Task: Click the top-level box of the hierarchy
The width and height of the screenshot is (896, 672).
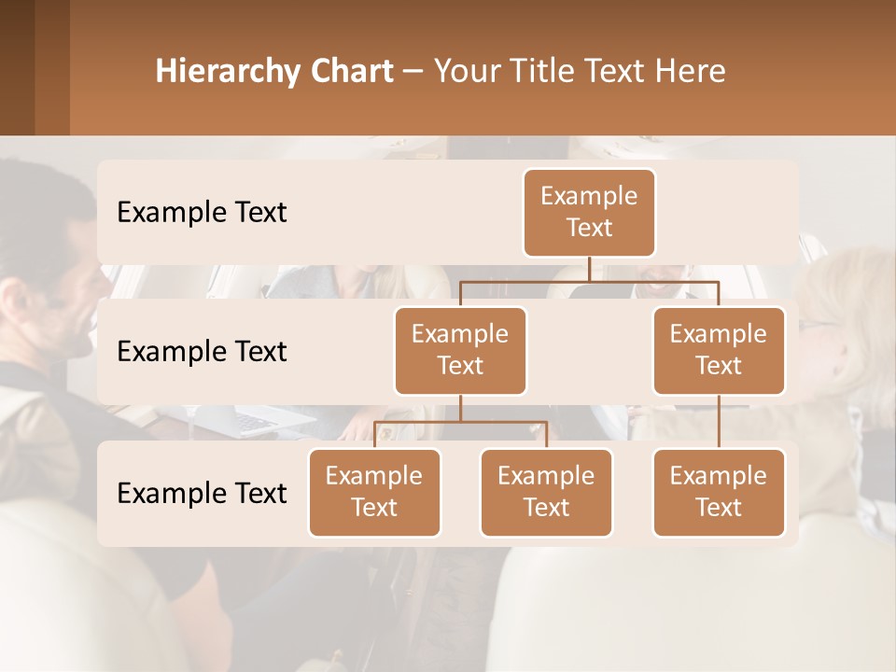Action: (x=589, y=212)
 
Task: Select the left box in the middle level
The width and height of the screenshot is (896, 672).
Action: (x=460, y=350)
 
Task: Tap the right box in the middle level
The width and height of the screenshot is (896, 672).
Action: (x=719, y=350)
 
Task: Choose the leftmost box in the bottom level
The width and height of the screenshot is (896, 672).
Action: (x=374, y=492)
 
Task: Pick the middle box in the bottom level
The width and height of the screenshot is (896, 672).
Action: (x=546, y=492)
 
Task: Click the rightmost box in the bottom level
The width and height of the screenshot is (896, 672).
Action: (x=719, y=492)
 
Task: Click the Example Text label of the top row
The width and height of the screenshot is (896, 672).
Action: (x=202, y=212)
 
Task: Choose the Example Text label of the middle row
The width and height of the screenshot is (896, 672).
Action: (x=202, y=351)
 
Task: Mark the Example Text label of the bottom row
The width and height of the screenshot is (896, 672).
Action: (x=202, y=493)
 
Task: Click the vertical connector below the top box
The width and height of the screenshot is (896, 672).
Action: (x=589, y=269)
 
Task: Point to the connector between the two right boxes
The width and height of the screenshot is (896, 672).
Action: (x=719, y=422)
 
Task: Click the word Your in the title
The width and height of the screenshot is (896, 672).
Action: (x=463, y=71)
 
